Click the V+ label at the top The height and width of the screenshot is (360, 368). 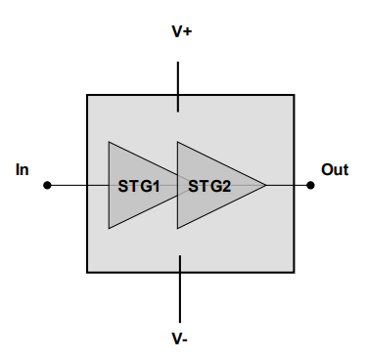point(181,31)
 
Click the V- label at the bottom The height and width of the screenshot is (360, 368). point(179,338)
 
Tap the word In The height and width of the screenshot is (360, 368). point(23,170)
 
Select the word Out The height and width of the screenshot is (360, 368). point(335,170)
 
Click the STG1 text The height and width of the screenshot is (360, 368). point(138,185)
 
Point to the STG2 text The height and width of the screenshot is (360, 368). point(208,185)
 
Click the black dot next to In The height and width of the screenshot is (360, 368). point(47,184)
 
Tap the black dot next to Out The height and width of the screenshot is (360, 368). point(310,184)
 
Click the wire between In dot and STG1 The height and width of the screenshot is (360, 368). point(78,184)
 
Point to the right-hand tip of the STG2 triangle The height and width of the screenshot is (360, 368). point(265,184)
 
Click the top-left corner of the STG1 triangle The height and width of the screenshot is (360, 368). point(109,141)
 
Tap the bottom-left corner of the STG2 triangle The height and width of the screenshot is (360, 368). point(177,228)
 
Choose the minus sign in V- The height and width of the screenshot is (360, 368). point(185,340)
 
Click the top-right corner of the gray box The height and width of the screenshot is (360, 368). point(294,95)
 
